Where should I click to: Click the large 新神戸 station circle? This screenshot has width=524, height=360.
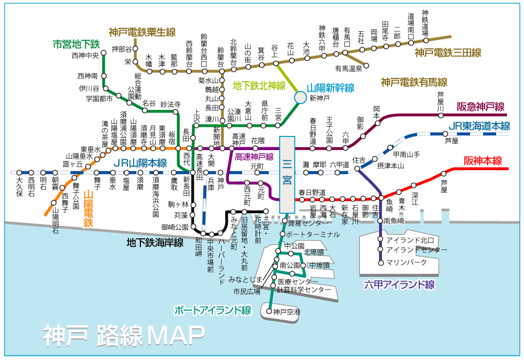click(x=300, y=98)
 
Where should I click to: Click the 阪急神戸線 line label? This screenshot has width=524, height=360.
click(x=480, y=106)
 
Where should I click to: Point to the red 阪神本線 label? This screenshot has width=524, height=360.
click(x=483, y=161)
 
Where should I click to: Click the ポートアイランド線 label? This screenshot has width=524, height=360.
click(x=213, y=310)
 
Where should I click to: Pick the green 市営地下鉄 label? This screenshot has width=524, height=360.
click(x=76, y=43)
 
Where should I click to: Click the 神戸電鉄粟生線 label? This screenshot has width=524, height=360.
click(x=142, y=32)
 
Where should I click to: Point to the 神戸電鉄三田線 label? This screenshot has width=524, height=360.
click(x=448, y=53)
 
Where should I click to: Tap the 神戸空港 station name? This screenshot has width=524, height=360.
click(x=286, y=311)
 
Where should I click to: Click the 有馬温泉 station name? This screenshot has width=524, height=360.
click(x=348, y=69)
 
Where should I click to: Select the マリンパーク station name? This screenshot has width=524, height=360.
click(x=406, y=262)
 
